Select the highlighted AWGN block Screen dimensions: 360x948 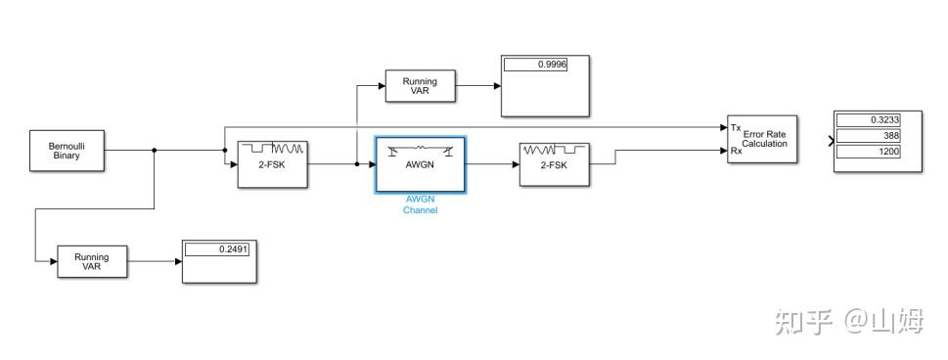[x=420, y=164]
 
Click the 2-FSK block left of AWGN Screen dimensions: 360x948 [x=273, y=164]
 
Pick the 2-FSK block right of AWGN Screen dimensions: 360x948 [x=554, y=164]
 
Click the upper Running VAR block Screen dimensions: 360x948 [x=420, y=85]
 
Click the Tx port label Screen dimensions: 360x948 [x=735, y=127]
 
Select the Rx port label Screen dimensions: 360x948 [x=735, y=151]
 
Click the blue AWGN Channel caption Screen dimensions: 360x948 [x=420, y=203]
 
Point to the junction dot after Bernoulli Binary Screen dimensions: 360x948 [x=155, y=150]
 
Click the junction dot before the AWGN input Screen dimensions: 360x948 [x=356, y=164]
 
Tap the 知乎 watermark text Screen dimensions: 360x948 [x=802, y=321]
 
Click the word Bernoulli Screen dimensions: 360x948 [x=67, y=145]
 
